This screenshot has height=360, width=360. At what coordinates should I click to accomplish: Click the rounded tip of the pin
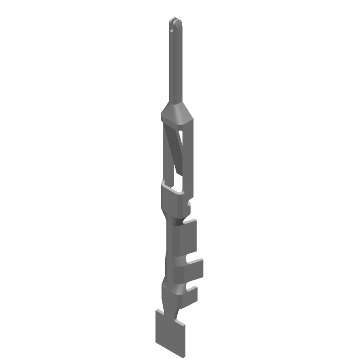click(x=175, y=20)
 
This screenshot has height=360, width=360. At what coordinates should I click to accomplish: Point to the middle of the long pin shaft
click(x=175, y=63)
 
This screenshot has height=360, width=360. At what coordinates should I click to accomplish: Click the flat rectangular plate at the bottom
click(x=171, y=335)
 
